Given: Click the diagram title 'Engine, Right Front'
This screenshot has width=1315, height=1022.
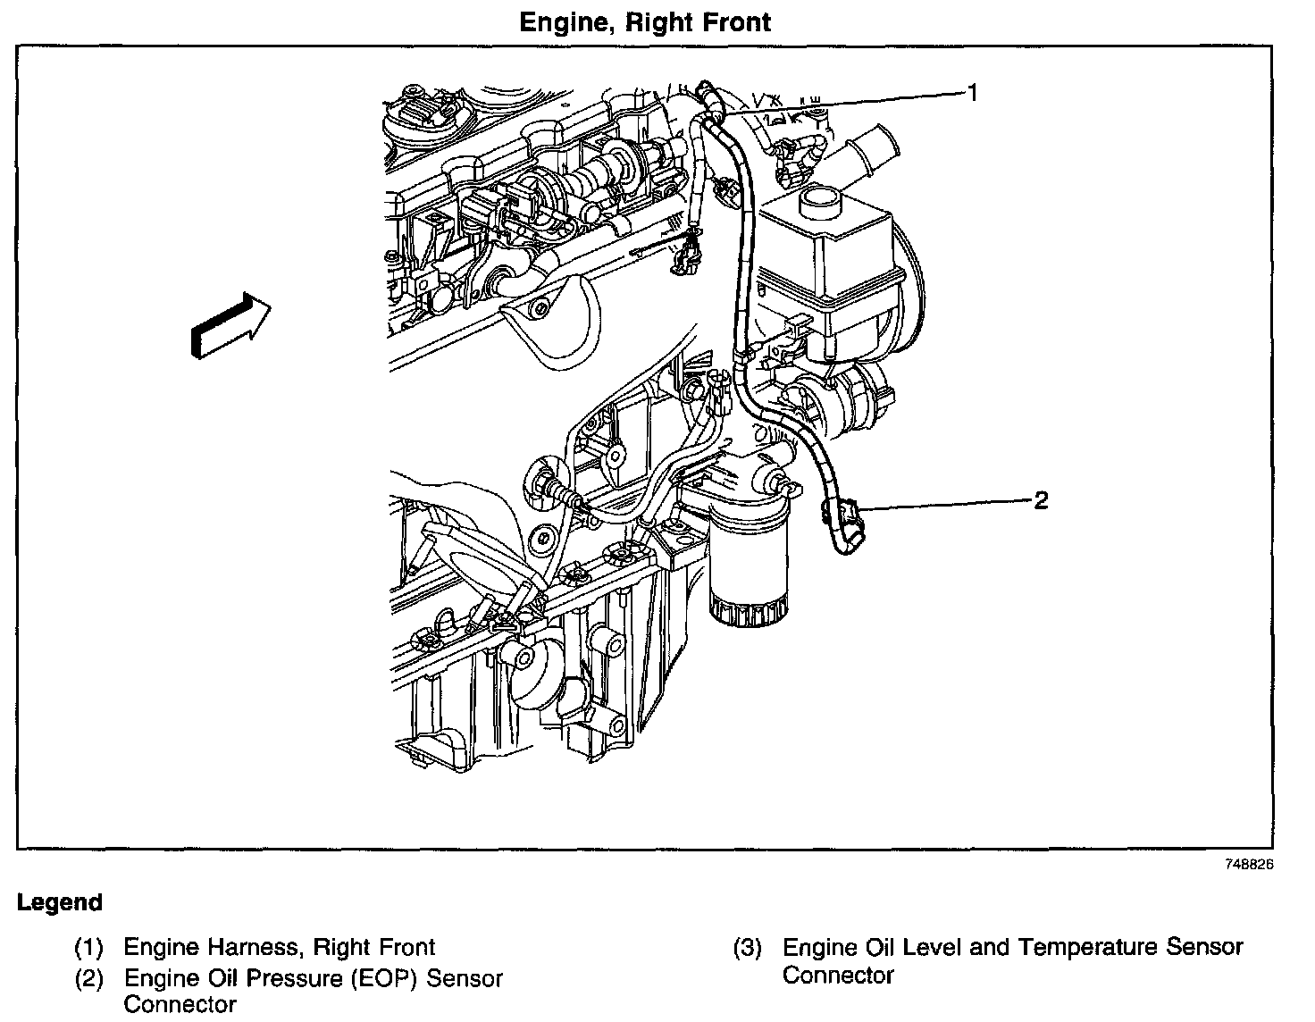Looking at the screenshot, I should point(645,21).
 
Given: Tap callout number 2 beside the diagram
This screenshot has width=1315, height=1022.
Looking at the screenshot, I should point(1041,500).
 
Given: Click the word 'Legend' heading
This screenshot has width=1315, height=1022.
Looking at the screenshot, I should point(60,902).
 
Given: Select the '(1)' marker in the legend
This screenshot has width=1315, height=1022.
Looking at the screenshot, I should point(88,947).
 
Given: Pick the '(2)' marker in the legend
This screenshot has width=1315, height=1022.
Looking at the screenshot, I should point(88,979).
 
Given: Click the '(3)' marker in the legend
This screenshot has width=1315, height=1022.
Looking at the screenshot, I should point(747,947).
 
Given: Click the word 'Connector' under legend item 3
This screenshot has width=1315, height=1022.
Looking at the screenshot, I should point(838,976).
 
